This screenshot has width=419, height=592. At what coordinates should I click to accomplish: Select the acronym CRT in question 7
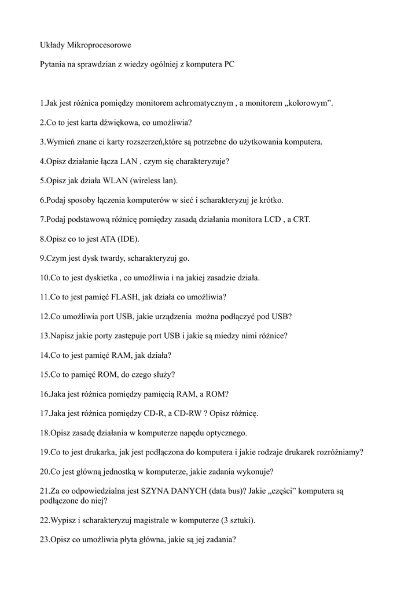pos(301,220)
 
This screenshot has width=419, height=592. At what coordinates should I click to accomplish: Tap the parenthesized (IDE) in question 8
pos(128,239)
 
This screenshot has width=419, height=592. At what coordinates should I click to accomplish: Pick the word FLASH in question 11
pos(114,297)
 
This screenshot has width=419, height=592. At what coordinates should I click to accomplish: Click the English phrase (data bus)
pos(222,491)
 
